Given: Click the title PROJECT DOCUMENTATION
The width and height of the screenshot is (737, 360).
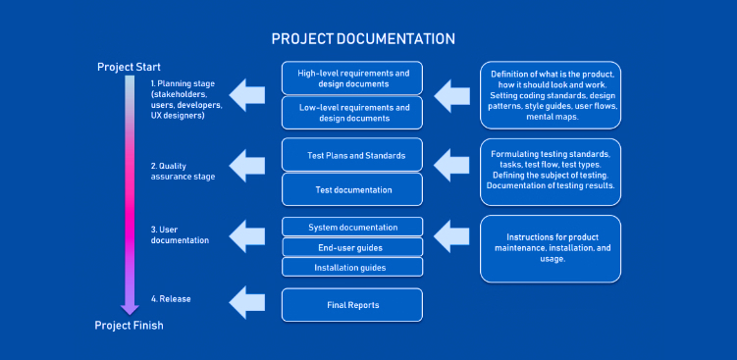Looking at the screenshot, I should pos(363,39).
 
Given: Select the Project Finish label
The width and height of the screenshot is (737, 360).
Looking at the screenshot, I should pos(129,326).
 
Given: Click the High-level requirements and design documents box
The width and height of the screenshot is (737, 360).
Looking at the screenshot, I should pos(352,77).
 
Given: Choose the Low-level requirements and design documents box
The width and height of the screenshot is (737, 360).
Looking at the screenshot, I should pos(352,113).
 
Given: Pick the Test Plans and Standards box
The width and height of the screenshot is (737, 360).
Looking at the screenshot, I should pos(352,155).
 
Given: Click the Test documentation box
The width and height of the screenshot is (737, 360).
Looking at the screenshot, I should pos(352,189).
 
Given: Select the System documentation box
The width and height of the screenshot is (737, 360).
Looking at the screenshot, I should pos(352,227).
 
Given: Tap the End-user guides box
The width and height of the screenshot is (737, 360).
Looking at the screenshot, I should pos(352,246).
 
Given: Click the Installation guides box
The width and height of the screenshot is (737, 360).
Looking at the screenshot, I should pos(352,266).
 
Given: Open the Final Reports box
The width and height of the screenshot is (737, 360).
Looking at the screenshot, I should pos(352,305).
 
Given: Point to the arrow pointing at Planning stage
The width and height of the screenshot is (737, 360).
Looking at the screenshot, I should pos(246,94).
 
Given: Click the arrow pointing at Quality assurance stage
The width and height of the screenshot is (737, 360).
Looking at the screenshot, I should pos(246,160).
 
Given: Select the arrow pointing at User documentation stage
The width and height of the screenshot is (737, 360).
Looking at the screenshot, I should pos(246,235).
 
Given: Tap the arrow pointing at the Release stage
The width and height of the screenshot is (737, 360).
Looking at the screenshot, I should pos(246,299).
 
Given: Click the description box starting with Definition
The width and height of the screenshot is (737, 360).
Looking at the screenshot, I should pos(551,95).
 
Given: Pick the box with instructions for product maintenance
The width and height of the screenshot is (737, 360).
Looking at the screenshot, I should pos(551,248).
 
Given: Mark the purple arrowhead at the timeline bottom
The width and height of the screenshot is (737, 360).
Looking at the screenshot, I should pos(131,308).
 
